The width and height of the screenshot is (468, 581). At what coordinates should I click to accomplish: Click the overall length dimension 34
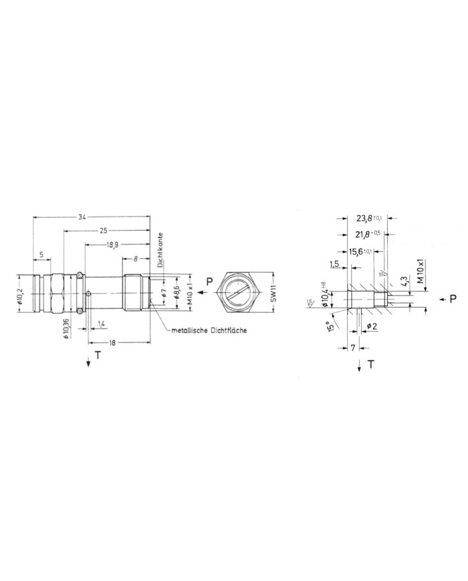[82, 217]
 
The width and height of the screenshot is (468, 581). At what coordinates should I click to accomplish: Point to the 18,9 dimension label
[112, 245]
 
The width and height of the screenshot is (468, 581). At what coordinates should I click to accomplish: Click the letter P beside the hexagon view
[209, 282]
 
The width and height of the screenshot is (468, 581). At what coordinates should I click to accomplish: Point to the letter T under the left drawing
[98, 356]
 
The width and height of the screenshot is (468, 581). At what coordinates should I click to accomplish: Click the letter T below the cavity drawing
[370, 364]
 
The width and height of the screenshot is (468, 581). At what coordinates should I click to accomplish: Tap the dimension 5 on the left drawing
[41, 254]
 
